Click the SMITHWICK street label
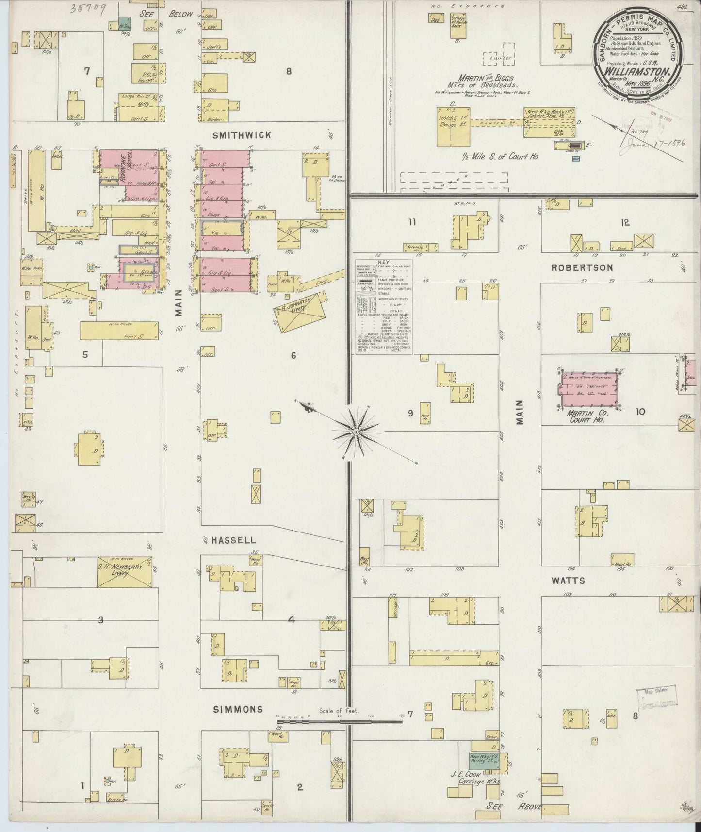[x=242, y=135]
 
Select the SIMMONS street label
[x=238, y=709]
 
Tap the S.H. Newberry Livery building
[x=126, y=572]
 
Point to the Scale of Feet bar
[x=340, y=721]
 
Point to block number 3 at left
[x=101, y=620]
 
